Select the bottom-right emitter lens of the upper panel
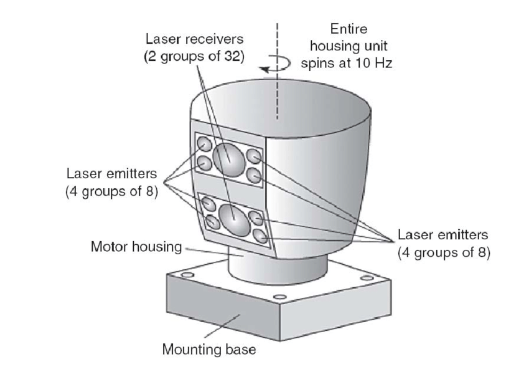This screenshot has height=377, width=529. (253, 175)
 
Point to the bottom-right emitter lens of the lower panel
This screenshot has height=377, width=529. (260, 236)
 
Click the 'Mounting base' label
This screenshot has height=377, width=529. (209, 350)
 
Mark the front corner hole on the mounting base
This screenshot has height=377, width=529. (278, 295)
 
